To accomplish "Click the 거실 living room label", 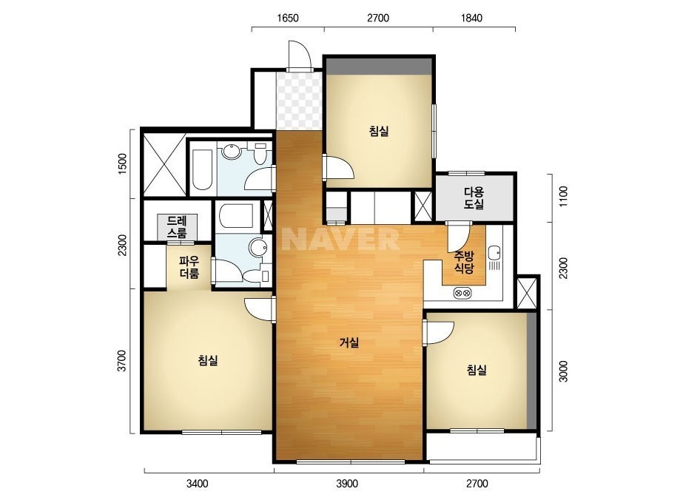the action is coord(349,342).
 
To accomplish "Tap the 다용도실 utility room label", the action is coord(474,197).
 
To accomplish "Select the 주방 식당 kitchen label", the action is coord(464,262).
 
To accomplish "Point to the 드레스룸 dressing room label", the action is coord(178,226).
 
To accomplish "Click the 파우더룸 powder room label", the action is coord(189,267).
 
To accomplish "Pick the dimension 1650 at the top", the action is coord(288,18).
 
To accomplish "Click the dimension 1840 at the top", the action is coord(472,18).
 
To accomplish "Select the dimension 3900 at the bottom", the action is coord(347,484).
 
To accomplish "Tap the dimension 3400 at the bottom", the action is coord(198,484).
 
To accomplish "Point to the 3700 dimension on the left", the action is coord(122,361).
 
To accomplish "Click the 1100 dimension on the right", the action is coord(564,197).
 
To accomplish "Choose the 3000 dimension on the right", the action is coord(564,371).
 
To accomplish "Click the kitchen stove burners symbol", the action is coord(462,293).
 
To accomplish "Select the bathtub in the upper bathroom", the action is coord(203,170).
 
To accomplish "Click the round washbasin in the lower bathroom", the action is coord(258,247).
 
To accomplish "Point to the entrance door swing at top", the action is coord(300,55).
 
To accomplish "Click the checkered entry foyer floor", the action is coord(299,101).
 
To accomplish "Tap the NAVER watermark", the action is coord(340,239).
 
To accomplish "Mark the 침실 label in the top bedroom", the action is coord(379,131).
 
